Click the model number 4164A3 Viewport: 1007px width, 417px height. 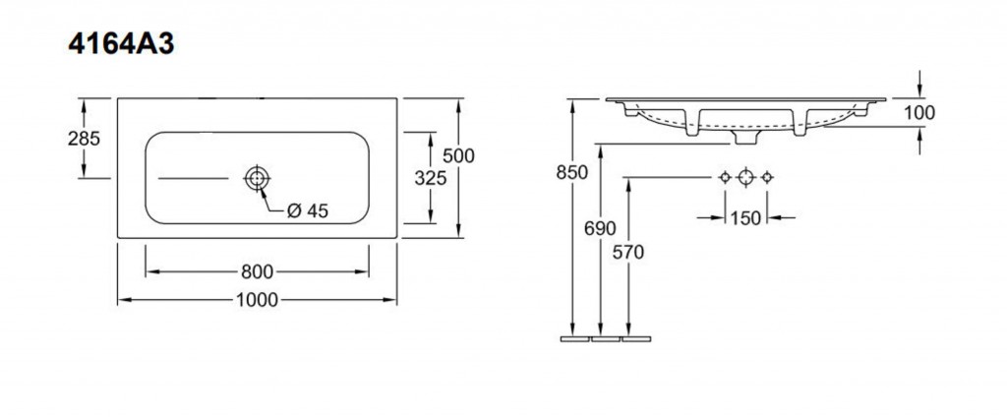coord(121,45)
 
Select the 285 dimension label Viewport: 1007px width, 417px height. coord(85,138)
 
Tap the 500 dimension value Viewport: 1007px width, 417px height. coord(459,155)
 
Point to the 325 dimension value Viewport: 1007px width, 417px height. coord(431,178)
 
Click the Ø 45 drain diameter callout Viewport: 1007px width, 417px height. coord(308,210)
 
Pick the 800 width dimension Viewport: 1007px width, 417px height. coord(257,272)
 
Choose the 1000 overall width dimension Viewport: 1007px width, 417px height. coord(257,300)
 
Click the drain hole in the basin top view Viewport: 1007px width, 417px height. coord(257,178)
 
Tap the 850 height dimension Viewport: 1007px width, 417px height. coord(572,172)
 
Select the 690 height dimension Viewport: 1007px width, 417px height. coord(601,228)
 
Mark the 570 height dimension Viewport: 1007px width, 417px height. coord(628,253)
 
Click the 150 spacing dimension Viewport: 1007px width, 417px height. coord(745,217)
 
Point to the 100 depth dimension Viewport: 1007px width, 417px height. coord(919,113)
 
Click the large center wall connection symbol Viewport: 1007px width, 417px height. coord(745,177)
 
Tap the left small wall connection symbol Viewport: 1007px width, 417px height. coord(725,177)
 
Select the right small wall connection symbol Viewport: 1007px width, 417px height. coord(767,177)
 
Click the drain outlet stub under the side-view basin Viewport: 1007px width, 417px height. coord(745,138)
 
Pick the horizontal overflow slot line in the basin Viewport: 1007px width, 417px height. coord(194,178)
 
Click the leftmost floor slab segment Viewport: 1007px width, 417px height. coord(574,338)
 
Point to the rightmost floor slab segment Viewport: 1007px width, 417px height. coord(636,338)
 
